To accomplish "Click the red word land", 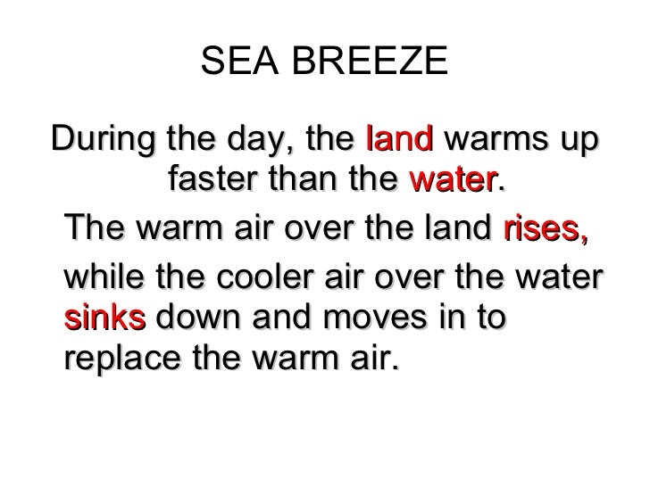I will click(x=400, y=141).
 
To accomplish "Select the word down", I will click(x=205, y=318).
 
